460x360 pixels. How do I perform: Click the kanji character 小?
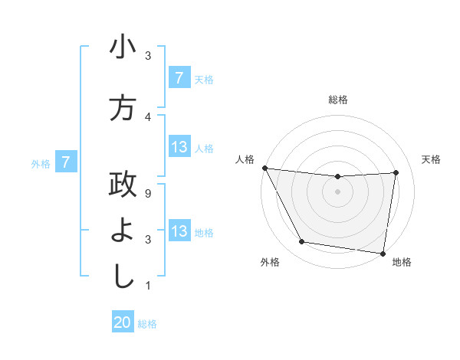[123, 49]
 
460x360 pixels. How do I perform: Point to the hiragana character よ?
[123, 231]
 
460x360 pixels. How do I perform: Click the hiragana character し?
[123, 276]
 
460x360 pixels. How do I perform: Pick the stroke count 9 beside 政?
[147, 193]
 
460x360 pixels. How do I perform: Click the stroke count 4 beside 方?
[147, 116]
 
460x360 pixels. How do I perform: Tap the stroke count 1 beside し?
[147, 286]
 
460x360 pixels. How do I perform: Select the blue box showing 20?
[123, 322]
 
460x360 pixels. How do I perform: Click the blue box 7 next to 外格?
[66, 162]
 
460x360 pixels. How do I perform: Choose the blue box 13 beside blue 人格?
[179, 147]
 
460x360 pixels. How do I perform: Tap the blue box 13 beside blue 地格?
[179, 231]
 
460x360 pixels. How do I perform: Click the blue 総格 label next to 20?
[147, 324]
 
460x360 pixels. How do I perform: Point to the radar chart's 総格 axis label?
[338, 100]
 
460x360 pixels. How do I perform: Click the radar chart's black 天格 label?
[432, 159]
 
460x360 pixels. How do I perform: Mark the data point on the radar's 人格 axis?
[264, 168]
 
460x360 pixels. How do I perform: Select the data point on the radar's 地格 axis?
[383, 253]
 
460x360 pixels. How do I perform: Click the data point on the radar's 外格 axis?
[301, 243]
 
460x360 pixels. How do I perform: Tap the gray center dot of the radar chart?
[338, 191]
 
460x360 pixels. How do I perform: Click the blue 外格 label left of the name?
[41, 163]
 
